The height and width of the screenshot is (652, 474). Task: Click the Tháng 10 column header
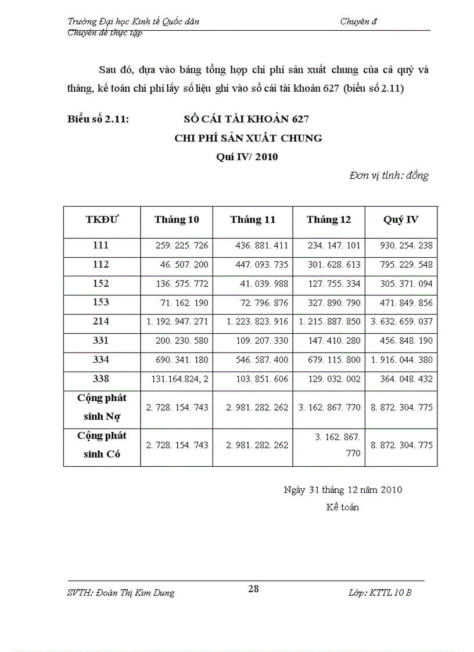tap(177, 219)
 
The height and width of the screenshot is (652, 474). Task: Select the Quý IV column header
tap(401, 219)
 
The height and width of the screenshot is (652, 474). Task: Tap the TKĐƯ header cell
tap(102, 219)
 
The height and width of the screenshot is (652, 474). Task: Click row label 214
tap(101, 321)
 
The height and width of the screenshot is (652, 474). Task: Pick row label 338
tap(101, 379)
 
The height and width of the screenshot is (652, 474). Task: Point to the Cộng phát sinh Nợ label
tap(102, 407)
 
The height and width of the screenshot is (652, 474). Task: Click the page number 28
tap(253, 589)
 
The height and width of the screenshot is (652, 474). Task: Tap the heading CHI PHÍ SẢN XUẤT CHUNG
tap(248, 138)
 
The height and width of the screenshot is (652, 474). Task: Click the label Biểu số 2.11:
tap(98, 120)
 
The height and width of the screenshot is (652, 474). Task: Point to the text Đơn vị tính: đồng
tap(389, 175)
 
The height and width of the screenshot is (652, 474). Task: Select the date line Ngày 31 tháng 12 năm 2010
tap(343, 489)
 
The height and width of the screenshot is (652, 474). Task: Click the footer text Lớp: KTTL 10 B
tap(380, 593)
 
